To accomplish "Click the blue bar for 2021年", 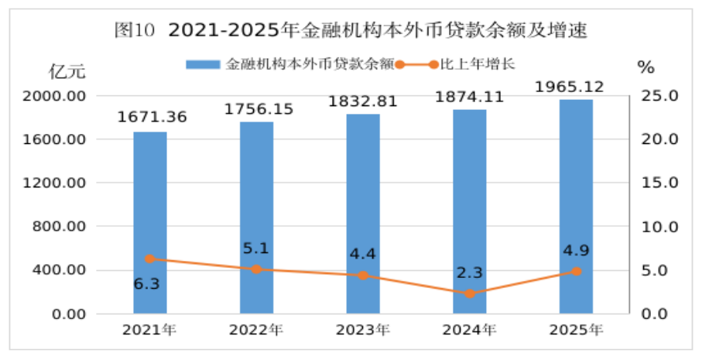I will [x=149, y=223].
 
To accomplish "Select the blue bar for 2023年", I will [x=363, y=214].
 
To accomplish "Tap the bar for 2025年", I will [x=576, y=207].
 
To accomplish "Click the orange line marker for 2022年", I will [x=256, y=269].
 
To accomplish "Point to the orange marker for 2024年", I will [x=470, y=293].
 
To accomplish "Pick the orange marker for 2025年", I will [x=576, y=271].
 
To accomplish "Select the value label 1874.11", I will [x=470, y=97].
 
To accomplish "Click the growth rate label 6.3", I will [x=146, y=284].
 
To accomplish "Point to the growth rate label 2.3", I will [x=468, y=273].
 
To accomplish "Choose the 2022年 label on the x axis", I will [x=255, y=331].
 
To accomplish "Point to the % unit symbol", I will [x=645, y=67].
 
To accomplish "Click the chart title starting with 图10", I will [x=350, y=32].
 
